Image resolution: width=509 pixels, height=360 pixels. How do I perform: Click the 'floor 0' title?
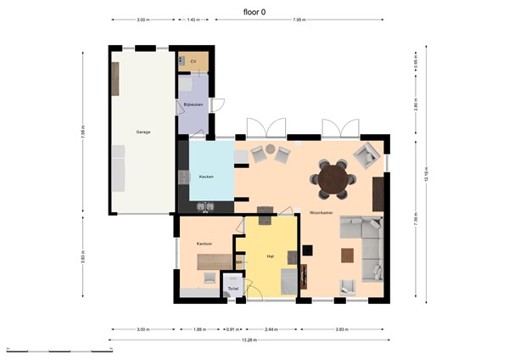(x=254, y=11)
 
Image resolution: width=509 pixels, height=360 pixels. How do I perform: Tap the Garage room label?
(x=143, y=132)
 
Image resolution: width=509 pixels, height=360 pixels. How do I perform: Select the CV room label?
(x=193, y=62)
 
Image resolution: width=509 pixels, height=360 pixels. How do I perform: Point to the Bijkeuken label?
(x=193, y=104)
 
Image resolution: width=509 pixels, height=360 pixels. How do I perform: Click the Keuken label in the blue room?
(x=205, y=177)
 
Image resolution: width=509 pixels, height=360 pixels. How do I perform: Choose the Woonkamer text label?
(x=320, y=211)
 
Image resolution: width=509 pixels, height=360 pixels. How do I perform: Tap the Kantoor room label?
(x=204, y=244)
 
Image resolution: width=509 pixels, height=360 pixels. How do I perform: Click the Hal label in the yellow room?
(x=270, y=255)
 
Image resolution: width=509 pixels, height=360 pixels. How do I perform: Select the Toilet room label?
(x=232, y=289)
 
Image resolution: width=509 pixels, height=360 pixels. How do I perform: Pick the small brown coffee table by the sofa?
(x=347, y=255)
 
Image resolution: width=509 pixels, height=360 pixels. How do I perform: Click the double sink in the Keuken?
(x=205, y=205)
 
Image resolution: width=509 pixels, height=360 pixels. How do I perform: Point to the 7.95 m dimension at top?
(x=299, y=20)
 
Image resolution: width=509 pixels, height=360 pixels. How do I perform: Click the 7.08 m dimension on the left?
(x=82, y=132)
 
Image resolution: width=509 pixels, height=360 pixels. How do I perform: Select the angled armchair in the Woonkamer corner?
(x=366, y=155)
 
